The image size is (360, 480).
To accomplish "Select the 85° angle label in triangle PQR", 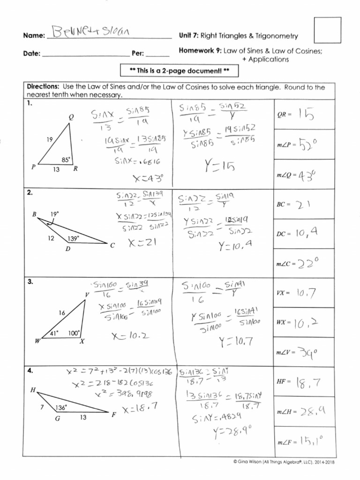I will point(66,159).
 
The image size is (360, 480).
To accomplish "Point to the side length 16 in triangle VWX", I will point(62,312).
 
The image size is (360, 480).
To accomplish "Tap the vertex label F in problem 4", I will point(113,415).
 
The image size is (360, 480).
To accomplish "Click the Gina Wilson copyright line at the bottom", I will point(284,462).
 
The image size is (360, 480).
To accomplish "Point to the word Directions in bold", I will point(42,87).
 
